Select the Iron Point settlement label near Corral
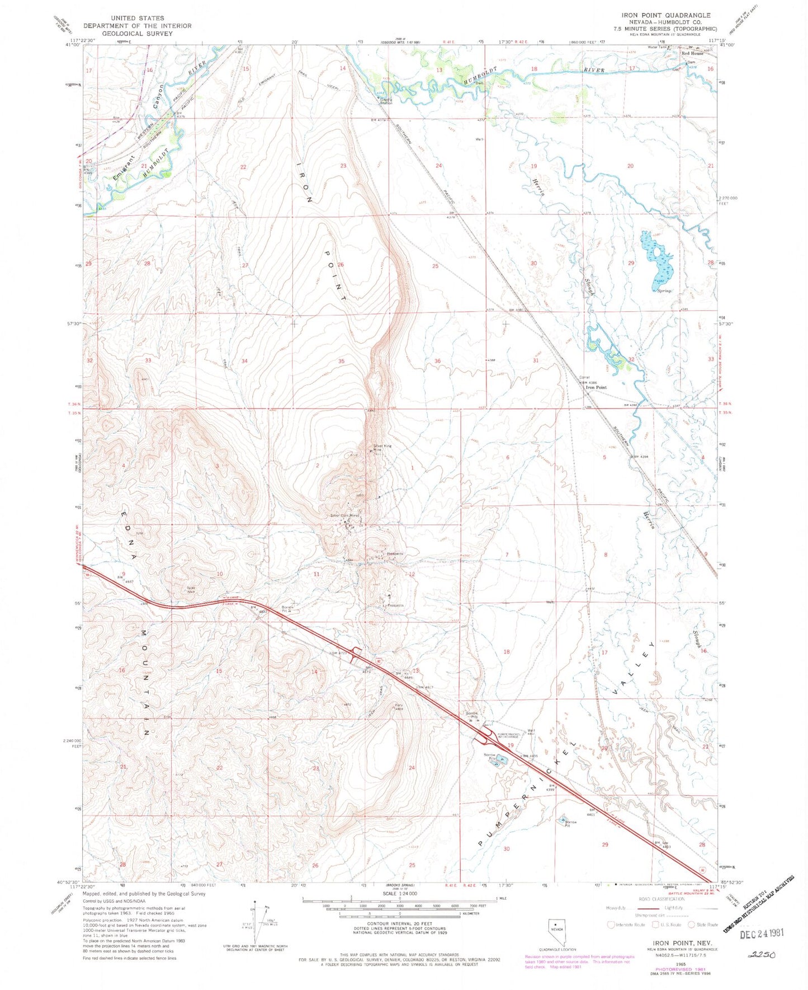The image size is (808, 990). pyautogui.click(x=596, y=387)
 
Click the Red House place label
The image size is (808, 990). pyautogui.click(x=692, y=54)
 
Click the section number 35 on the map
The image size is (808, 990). pyautogui.click(x=341, y=361)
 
